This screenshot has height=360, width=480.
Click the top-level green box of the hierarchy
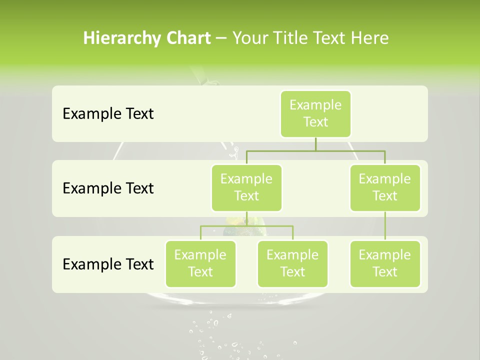315,113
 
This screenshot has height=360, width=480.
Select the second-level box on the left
246,187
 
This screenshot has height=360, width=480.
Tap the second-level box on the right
385,187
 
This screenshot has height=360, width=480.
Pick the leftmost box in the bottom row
200,263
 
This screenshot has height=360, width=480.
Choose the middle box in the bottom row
292,263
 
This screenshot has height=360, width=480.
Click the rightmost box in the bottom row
385,263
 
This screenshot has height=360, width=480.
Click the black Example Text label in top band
108,113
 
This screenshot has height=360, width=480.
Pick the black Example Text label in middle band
108,188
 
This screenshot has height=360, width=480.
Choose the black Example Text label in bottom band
108,264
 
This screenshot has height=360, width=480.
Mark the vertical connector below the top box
315,144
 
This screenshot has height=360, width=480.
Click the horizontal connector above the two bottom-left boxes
246,226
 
